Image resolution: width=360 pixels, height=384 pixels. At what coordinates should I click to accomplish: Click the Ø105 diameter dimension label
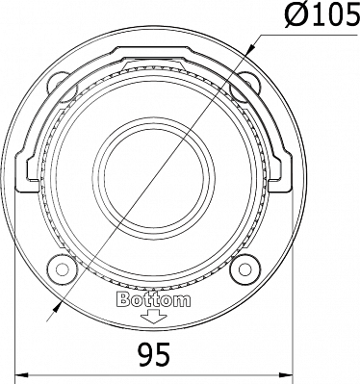pos(321,15)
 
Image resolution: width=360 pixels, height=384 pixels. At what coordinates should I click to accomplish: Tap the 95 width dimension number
pos(154,354)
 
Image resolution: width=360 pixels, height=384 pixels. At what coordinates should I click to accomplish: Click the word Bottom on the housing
pos(153,299)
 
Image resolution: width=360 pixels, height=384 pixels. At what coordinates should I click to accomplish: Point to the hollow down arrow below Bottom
pos(154,317)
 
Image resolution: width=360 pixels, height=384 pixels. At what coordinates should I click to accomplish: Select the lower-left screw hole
pos(62,269)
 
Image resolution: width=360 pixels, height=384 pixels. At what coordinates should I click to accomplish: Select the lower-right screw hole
pos(245,269)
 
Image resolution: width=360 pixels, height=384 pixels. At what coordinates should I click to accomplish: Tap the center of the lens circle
pos(154,178)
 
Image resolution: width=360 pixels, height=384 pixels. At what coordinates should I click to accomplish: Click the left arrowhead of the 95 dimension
pos(22,374)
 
